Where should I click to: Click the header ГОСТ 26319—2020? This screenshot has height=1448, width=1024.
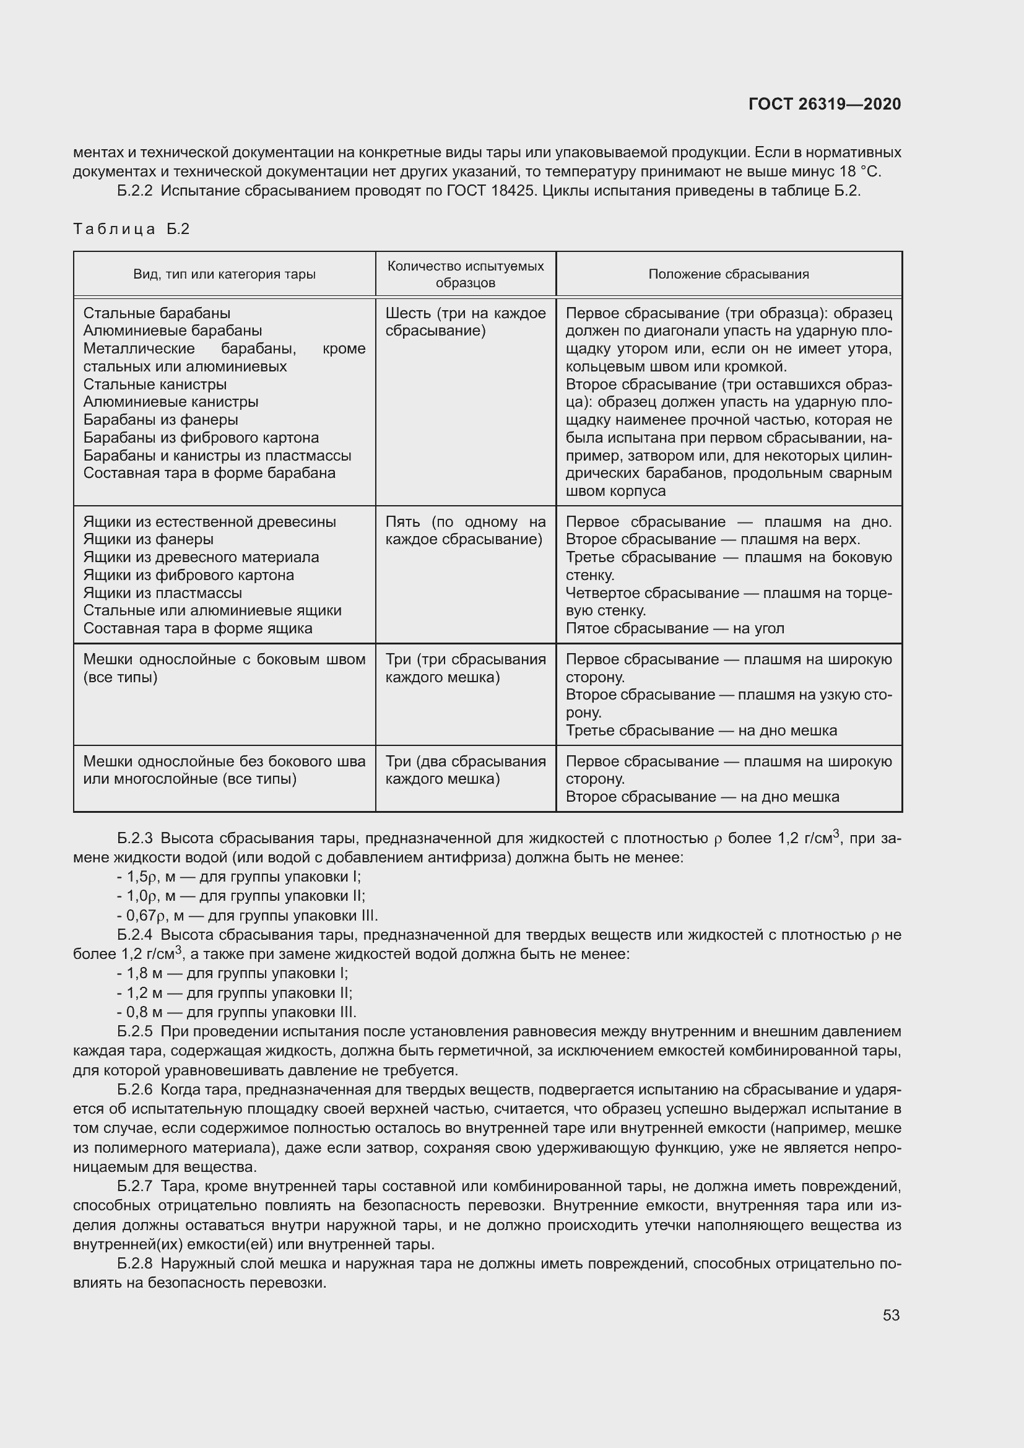click(824, 104)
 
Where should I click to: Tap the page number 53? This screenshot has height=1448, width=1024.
click(891, 1315)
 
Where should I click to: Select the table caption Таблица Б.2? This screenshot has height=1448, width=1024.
click(131, 229)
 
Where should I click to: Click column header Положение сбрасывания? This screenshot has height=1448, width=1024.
click(728, 274)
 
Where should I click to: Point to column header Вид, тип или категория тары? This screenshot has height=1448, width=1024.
click(224, 274)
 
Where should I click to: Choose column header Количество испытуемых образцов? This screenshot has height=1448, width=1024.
click(466, 274)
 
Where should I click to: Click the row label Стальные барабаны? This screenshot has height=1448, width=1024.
click(157, 313)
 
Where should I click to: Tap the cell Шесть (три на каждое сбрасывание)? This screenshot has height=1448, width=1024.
click(466, 322)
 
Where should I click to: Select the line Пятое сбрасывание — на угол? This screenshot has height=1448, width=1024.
click(675, 628)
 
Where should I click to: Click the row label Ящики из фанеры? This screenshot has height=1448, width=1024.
click(148, 539)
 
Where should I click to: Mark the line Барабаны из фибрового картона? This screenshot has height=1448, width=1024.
click(201, 438)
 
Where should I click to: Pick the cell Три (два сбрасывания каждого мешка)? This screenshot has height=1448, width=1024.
click(466, 770)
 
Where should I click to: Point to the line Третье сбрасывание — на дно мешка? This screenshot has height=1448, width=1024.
click(701, 731)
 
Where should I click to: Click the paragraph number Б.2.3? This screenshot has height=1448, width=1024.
click(135, 838)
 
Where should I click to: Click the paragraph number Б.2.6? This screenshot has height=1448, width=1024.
click(135, 1090)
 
